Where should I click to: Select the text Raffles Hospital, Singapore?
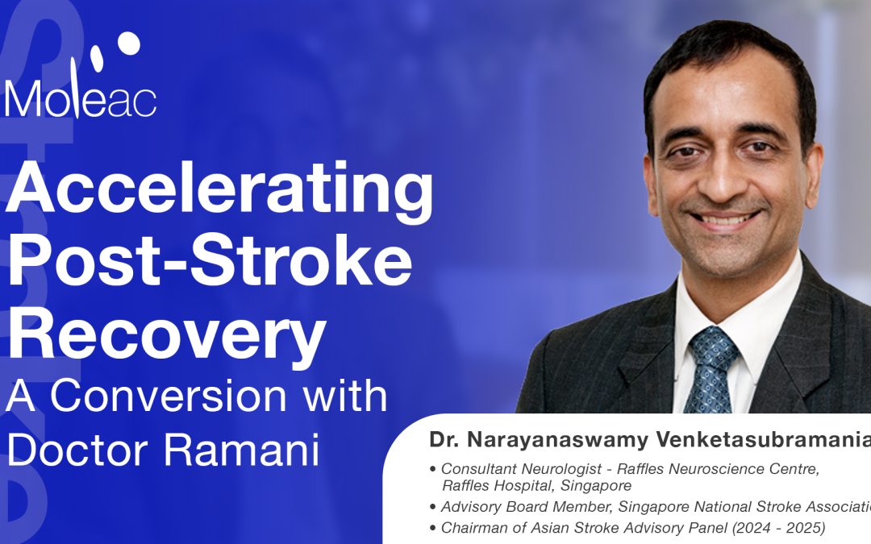pos(536,486)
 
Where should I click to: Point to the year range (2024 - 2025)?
pos(779,528)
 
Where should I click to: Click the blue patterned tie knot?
pos(711,343)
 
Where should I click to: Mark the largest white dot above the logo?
pos(127,44)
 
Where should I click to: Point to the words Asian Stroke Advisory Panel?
pos(641,528)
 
